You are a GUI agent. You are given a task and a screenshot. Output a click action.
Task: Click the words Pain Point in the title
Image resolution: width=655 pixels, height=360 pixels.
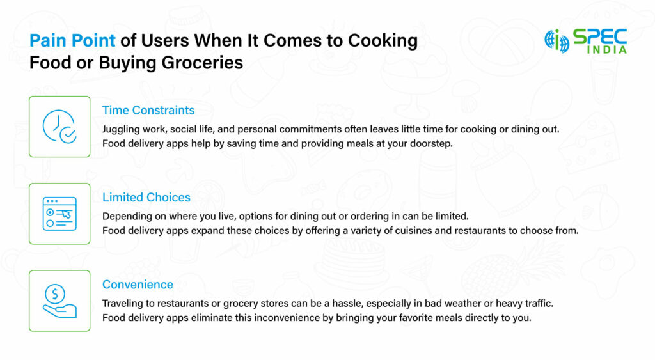(x=72, y=42)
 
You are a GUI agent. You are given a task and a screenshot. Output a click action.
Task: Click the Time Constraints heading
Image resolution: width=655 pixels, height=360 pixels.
(x=148, y=111)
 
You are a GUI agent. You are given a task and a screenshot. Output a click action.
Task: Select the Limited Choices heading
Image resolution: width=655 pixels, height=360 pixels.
(x=146, y=198)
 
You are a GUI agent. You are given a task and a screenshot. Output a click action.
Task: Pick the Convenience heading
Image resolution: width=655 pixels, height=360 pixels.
(x=138, y=285)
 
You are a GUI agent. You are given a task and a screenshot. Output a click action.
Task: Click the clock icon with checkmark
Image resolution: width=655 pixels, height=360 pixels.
(x=59, y=127)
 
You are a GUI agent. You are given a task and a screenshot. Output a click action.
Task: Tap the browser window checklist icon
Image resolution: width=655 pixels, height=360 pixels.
(x=59, y=214)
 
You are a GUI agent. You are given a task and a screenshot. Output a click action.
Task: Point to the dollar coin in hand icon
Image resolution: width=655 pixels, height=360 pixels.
(x=59, y=301)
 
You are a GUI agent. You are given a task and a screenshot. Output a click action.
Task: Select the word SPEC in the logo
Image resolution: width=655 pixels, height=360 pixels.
(x=599, y=36)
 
